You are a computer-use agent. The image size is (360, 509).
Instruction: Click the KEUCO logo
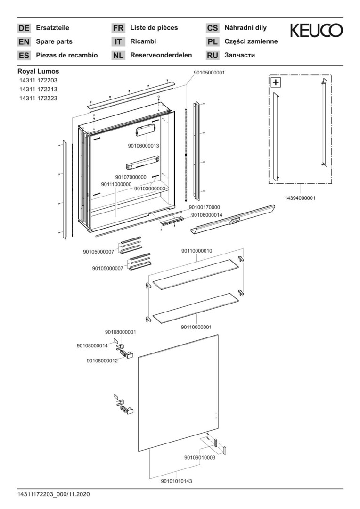click(x=316, y=31)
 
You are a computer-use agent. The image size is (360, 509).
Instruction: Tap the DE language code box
click(x=24, y=28)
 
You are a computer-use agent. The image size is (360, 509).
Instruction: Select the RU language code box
click(x=213, y=56)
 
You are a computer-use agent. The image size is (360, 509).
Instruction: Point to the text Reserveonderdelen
click(x=161, y=55)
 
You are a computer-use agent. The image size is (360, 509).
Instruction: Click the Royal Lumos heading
click(x=38, y=71)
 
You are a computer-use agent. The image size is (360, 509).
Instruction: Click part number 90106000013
click(x=143, y=146)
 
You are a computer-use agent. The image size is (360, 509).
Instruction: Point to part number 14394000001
click(x=300, y=198)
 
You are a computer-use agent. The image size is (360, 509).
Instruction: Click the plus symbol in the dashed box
click(x=276, y=82)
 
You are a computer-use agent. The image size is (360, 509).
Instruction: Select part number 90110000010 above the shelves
click(x=196, y=251)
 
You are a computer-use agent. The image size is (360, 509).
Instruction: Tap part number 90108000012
click(x=102, y=361)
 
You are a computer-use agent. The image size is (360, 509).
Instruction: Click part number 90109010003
click(x=199, y=457)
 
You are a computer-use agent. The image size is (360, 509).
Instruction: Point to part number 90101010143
click(x=176, y=481)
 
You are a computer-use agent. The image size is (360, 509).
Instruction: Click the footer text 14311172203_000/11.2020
click(x=54, y=494)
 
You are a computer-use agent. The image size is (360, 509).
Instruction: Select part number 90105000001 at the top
click(x=209, y=73)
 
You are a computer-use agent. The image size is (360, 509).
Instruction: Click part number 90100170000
click(x=205, y=207)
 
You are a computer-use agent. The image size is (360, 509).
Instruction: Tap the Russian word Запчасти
click(x=240, y=55)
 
